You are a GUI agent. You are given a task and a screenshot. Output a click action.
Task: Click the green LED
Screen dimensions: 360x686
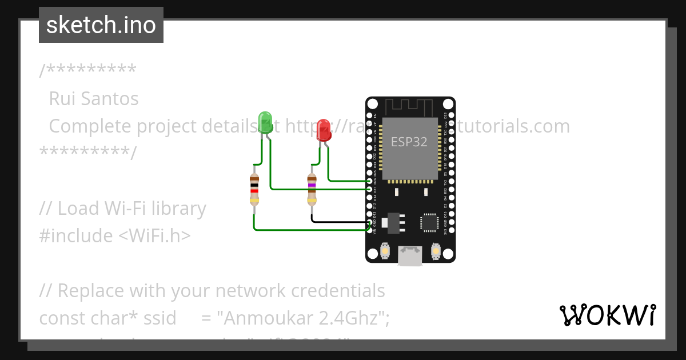265,122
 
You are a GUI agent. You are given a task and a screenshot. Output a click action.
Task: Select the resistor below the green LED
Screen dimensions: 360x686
254,189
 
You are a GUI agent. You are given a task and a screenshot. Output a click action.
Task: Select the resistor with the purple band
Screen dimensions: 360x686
312,189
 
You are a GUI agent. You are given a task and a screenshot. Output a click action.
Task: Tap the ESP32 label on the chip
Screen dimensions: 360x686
409,142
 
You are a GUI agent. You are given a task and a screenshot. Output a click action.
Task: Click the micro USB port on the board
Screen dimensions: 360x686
410,255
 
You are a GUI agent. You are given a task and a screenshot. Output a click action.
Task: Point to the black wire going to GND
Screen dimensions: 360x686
337,221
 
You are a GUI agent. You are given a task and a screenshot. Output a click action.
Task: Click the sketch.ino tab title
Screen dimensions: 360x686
101,25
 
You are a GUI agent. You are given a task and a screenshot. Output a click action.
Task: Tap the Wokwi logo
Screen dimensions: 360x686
607,315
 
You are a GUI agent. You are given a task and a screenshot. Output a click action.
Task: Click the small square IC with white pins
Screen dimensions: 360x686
430,222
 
